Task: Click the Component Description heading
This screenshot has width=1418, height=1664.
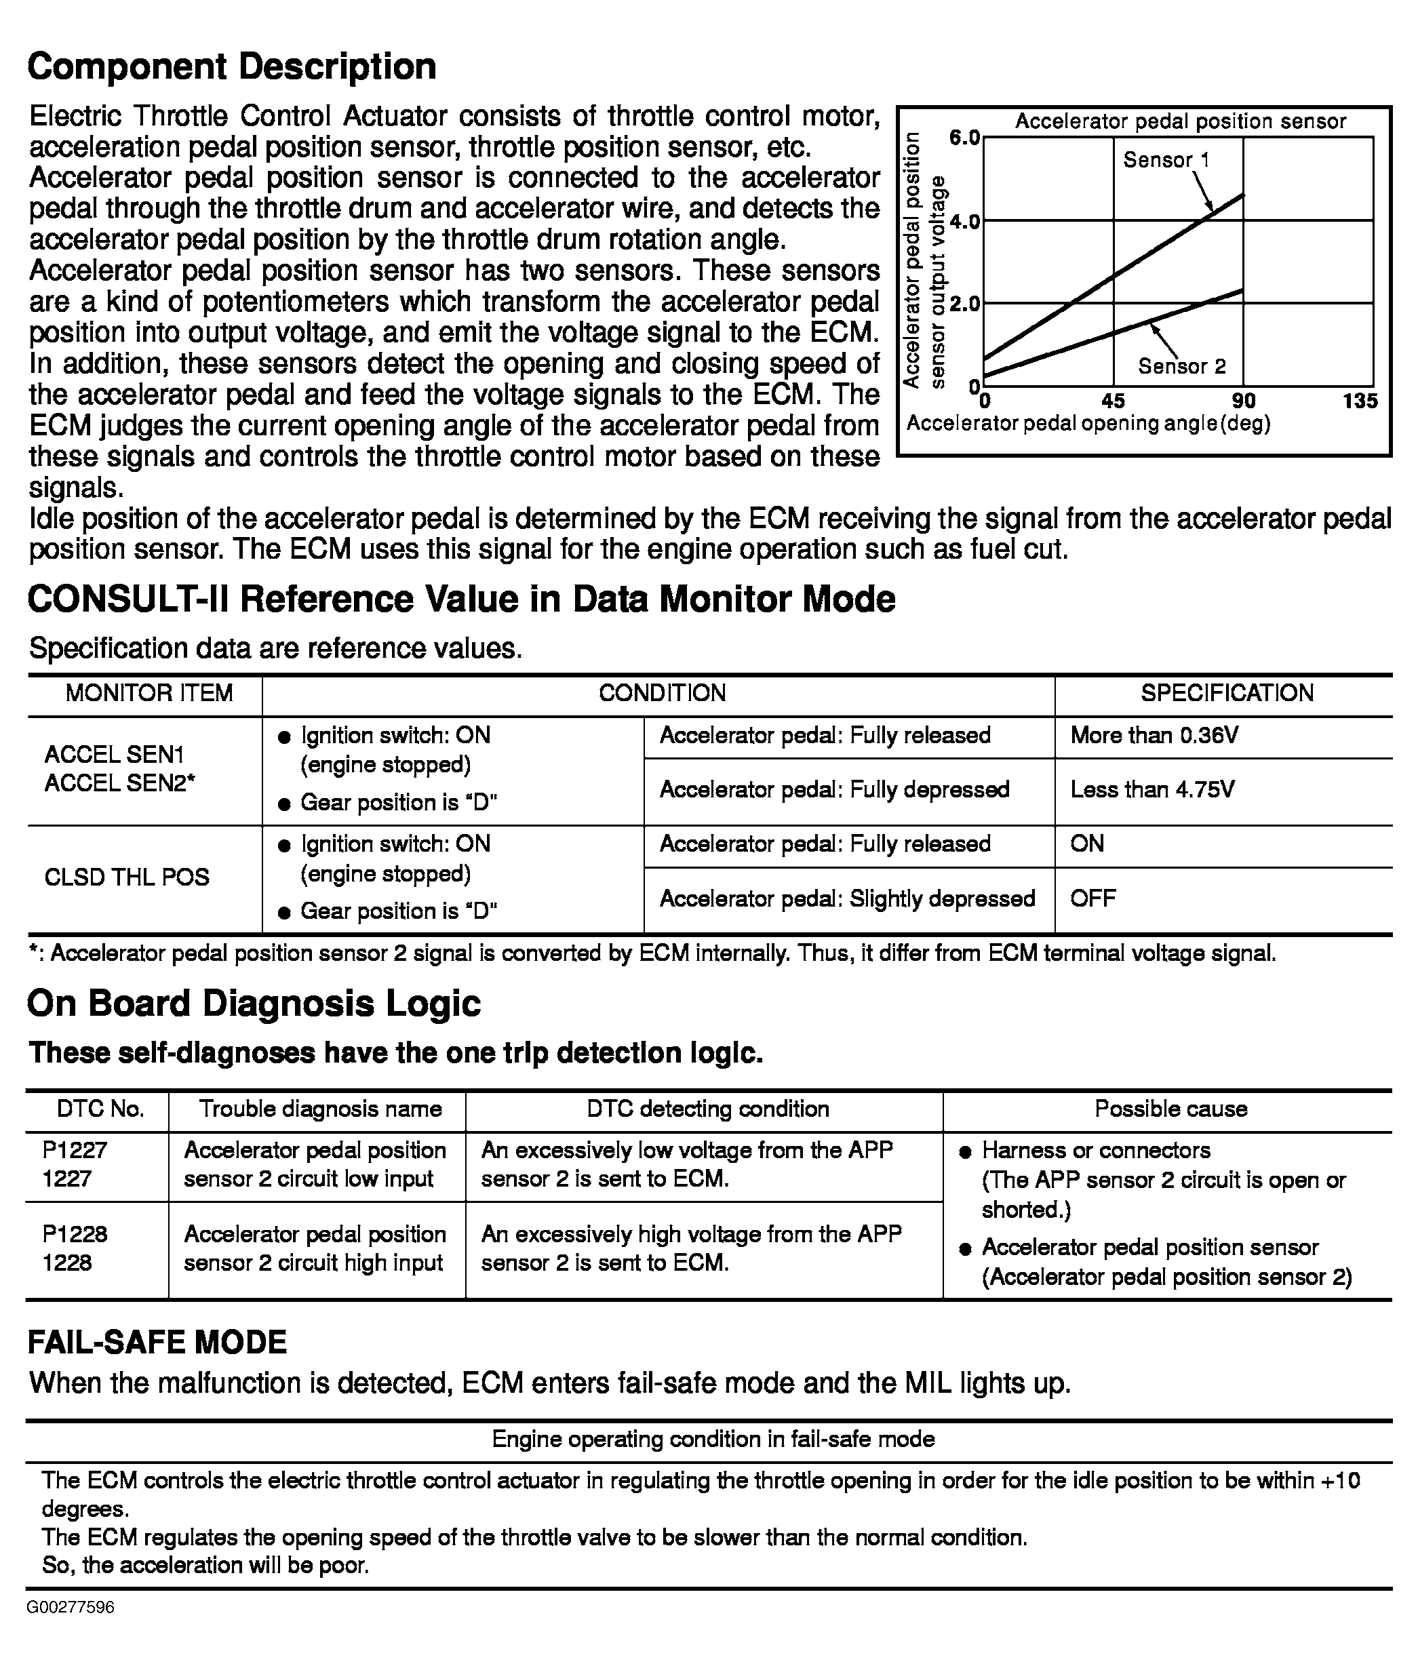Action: [231, 66]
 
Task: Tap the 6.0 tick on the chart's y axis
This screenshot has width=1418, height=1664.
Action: [964, 138]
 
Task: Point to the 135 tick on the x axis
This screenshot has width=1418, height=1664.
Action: [1360, 401]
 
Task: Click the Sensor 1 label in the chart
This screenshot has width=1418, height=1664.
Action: [1166, 160]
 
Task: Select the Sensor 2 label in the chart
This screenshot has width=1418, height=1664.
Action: [1182, 367]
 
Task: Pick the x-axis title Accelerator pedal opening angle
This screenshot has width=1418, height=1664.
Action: [1088, 423]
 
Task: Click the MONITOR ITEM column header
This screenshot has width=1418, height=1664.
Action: [149, 693]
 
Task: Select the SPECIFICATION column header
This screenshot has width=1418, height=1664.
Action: [1227, 693]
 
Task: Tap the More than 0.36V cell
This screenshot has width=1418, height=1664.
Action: [1154, 736]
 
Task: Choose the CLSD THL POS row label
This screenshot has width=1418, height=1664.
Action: [127, 877]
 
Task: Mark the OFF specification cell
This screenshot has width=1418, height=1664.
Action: [1092, 898]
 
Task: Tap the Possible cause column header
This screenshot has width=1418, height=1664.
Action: [1170, 1109]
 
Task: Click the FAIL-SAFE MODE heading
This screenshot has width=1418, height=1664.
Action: [157, 1342]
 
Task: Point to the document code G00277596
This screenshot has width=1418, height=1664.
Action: [71, 1607]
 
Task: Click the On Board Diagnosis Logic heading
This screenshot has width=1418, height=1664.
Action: [254, 1003]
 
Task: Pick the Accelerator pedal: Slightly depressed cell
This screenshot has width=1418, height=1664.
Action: [847, 898]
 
